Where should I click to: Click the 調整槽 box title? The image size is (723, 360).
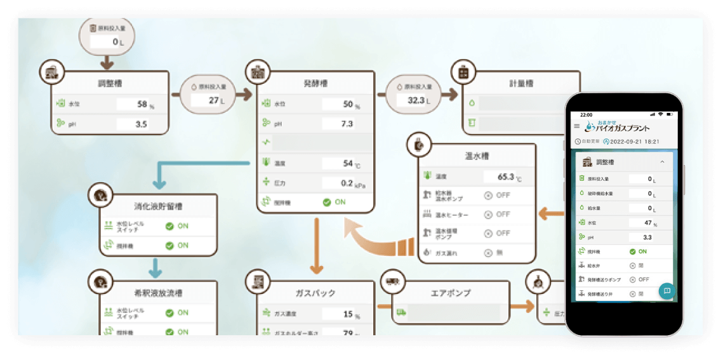[109, 84]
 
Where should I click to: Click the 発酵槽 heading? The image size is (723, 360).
[315, 84]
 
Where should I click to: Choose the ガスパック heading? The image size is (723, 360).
[315, 293]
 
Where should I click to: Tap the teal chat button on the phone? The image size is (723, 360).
[667, 291]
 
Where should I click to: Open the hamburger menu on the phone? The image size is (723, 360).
[576, 126]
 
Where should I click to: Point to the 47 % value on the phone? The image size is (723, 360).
[645, 222]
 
